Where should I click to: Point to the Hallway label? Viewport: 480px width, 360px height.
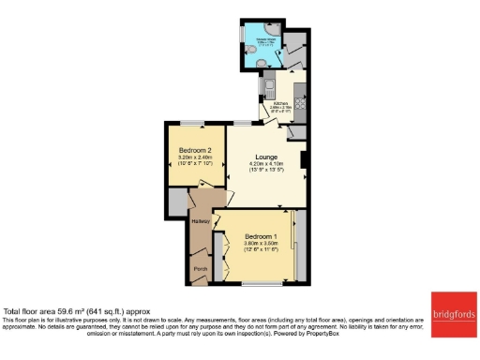(199, 221)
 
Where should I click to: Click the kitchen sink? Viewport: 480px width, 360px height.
(268, 87)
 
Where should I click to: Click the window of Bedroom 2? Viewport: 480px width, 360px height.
(194, 122)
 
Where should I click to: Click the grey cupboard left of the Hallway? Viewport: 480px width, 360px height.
(176, 202)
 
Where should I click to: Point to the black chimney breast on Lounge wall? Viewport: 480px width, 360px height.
(304, 160)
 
